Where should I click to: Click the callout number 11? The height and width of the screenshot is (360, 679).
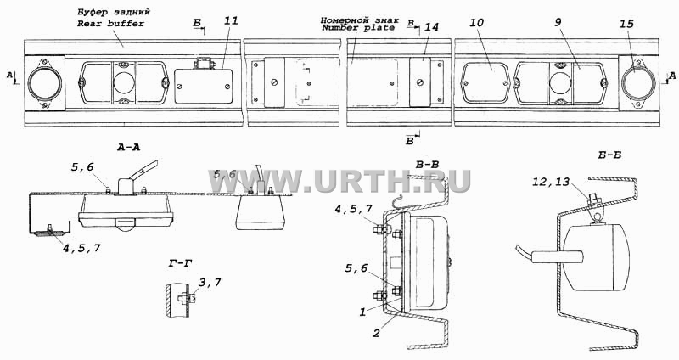[231, 20]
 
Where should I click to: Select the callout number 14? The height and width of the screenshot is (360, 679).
[431, 27]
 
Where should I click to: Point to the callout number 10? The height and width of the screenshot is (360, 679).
[476, 23]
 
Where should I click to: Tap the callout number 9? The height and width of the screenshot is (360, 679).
[558, 22]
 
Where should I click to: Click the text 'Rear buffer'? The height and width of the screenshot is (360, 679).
[110, 24]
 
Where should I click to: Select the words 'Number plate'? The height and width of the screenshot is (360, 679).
[358, 28]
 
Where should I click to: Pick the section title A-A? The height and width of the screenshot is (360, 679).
[129, 147]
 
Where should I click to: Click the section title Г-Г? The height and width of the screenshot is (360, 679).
[180, 262]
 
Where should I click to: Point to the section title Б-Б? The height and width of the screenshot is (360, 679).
[609, 155]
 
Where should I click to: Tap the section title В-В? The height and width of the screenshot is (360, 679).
[428, 165]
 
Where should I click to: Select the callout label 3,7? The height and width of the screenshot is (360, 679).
[210, 283]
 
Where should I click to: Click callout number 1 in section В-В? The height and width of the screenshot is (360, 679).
[363, 312]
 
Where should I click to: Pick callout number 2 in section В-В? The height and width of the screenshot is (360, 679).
[376, 333]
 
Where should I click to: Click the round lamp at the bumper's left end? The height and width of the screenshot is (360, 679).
[45, 82]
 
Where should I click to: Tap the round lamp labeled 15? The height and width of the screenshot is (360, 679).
[635, 82]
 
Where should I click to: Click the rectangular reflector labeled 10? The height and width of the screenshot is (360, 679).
[485, 83]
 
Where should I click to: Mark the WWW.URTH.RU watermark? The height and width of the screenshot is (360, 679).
[339, 181]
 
